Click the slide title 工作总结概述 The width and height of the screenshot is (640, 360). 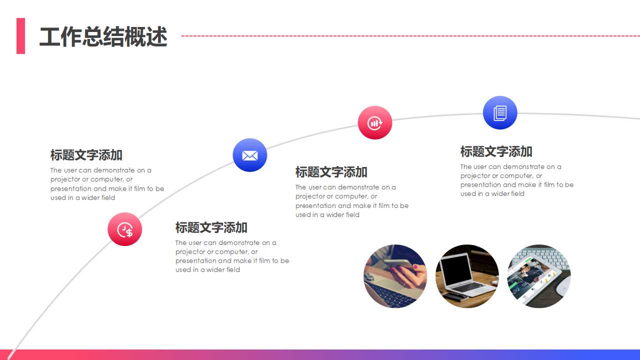[103, 37]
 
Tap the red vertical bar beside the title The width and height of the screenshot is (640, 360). [20, 36]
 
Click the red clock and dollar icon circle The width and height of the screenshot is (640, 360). [125, 229]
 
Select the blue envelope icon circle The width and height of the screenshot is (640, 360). [250, 155]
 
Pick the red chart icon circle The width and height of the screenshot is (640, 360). [375, 122]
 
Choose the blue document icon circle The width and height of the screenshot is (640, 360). [500, 113]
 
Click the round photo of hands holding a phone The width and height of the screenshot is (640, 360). [395, 276]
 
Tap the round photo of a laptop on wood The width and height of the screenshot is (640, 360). [467, 276]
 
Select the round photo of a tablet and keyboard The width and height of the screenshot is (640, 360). [538, 276]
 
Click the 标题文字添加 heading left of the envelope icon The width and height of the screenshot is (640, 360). [86, 155]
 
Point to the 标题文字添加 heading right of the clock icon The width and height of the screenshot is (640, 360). [211, 227]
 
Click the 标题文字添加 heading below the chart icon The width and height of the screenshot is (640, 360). [331, 172]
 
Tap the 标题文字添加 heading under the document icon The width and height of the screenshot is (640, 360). [496, 151]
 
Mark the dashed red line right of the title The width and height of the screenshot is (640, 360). [410, 36]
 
